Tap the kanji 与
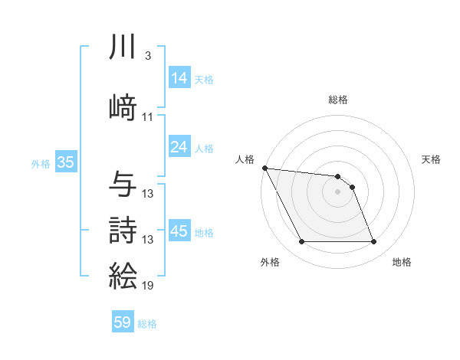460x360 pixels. [x=123, y=184]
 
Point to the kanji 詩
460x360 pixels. [x=123, y=230]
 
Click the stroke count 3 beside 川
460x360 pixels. [x=147, y=57]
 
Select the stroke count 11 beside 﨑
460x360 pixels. [x=148, y=117]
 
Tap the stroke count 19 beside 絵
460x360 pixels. [x=148, y=286]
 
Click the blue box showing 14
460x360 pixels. [x=179, y=78]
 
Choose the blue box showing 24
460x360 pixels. [x=179, y=147]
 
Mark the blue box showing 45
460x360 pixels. [x=179, y=231]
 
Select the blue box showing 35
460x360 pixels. [x=65, y=162]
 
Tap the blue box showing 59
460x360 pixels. [x=122, y=323]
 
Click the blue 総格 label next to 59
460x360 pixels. [x=147, y=324]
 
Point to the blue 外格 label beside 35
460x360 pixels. [x=40, y=163]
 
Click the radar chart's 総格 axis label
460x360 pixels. [x=337, y=100]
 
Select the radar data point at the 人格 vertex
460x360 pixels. [x=264, y=168]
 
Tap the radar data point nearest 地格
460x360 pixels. [x=373, y=242]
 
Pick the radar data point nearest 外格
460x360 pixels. [x=301, y=242]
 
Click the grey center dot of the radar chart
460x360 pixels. [x=337, y=191]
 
